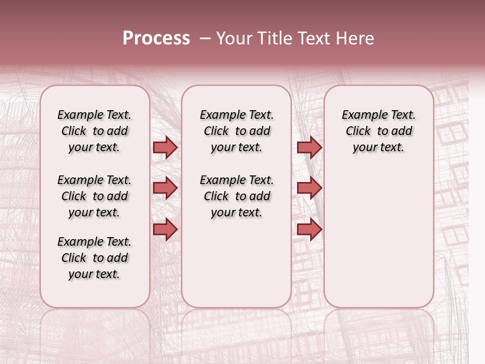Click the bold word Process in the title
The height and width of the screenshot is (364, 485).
pos(156,38)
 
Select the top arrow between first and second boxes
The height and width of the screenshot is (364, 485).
pos(165,148)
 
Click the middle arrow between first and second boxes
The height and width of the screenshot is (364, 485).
pos(165,189)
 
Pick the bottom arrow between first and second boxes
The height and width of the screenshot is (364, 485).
pos(165,229)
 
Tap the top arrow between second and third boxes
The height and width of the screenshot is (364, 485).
pos(309,148)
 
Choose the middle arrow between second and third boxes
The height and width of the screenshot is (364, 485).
pos(309,189)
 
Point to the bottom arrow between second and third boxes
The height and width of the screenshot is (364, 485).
pos(309,229)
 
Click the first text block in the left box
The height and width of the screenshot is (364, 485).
pos(94,131)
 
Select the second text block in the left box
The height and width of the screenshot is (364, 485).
pos(94,196)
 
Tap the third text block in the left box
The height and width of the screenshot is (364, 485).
pos(94,258)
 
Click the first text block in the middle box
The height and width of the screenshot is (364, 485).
pos(236,131)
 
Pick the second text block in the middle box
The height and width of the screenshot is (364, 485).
pos(236,196)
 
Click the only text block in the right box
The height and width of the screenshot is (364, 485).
pos(379,131)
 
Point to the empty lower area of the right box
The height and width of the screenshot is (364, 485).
pos(379,238)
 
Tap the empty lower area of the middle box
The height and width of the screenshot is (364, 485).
pos(236,263)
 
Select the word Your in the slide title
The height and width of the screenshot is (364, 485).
pos(233,38)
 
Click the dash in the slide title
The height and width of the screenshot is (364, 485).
pos(205,38)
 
